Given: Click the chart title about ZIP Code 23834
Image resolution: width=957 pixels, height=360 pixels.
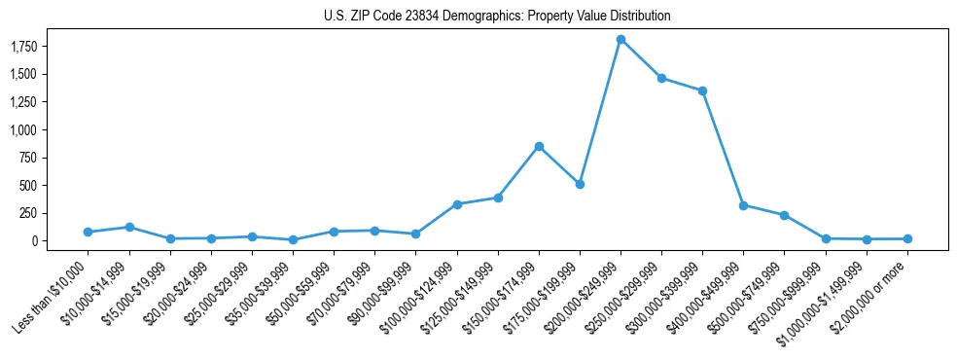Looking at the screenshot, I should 497,17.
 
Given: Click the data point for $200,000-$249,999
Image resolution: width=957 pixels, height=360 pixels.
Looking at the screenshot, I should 620,39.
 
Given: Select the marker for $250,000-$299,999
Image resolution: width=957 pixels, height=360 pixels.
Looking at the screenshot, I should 661,78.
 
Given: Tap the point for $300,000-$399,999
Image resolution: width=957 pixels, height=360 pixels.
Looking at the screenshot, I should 702,90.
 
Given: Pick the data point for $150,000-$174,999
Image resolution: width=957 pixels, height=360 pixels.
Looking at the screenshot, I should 539,146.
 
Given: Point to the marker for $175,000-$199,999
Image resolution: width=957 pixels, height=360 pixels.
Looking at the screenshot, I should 580,184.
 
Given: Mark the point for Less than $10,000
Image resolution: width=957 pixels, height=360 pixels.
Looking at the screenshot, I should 88,232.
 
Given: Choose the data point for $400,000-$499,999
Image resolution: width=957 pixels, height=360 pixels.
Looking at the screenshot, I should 743,205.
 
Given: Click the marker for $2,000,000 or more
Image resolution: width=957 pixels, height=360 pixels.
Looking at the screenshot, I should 907,238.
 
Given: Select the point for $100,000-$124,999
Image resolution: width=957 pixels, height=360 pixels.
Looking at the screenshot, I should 457,204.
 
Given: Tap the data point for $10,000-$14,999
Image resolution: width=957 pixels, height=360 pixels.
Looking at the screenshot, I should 128,227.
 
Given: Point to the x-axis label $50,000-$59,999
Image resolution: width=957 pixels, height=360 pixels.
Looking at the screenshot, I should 299,291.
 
